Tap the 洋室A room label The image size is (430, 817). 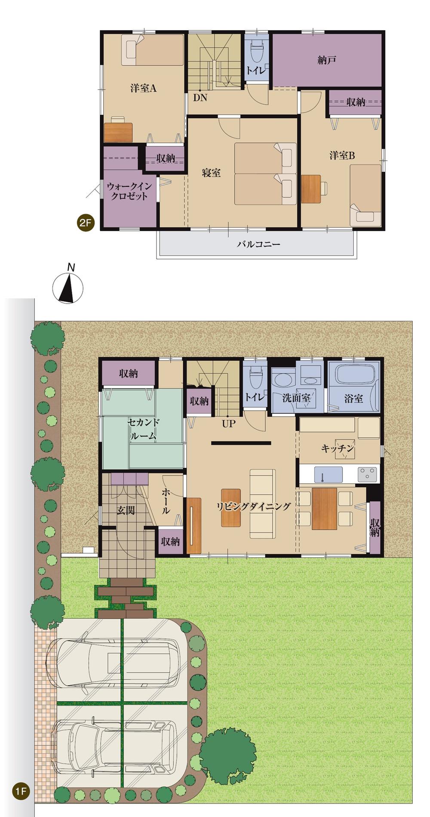coord(143,88)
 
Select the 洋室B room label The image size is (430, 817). coord(342,155)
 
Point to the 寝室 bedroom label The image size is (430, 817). coord(211,173)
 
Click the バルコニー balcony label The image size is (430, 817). coord(258,244)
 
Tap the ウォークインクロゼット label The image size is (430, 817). coord(129,191)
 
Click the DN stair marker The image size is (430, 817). coord(200,98)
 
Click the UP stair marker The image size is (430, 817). coord(229,424)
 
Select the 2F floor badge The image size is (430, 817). coord(85,223)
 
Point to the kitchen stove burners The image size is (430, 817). coord(367,474)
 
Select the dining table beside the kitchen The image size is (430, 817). coord(324,509)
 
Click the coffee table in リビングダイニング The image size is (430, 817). coord(230,508)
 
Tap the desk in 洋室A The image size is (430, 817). coord(118,132)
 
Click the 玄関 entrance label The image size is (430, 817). coord(126,510)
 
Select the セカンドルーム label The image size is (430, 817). coord(143,428)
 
